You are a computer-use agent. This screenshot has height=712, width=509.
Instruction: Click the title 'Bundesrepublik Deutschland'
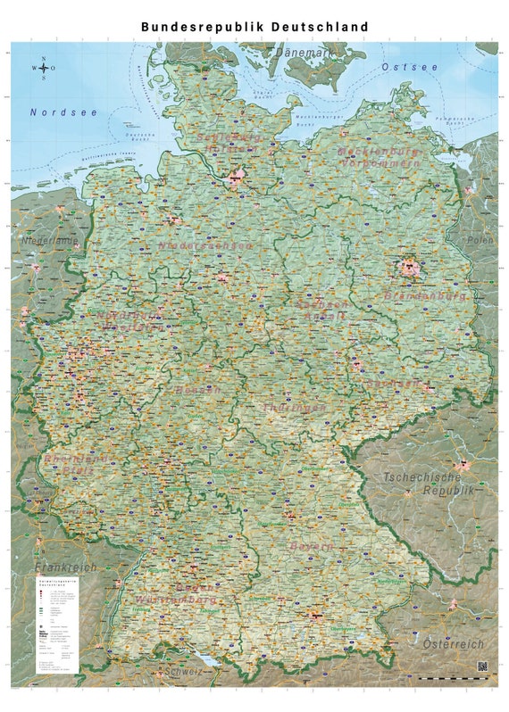[x=254, y=27]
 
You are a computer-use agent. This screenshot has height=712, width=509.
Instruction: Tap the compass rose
[x=44, y=68]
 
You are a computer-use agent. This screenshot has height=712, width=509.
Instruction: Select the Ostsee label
[x=410, y=67]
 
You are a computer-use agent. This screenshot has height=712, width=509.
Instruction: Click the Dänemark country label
[x=303, y=54]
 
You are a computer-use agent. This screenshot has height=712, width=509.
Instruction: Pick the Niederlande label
[x=50, y=241]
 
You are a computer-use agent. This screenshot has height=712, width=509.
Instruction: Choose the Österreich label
[x=453, y=643]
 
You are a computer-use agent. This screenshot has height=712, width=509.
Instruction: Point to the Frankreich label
[x=64, y=567]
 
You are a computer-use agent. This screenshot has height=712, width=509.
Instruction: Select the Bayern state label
[x=310, y=546]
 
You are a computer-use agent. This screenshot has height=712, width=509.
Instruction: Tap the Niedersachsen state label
[x=205, y=244]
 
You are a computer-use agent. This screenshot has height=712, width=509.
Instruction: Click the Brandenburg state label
[x=425, y=294]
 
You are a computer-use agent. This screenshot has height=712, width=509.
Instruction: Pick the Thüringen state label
[x=294, y=408]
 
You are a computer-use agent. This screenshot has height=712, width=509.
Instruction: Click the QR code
[x=483, y=666]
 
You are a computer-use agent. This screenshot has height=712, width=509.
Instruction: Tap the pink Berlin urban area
[x=410, y=266]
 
